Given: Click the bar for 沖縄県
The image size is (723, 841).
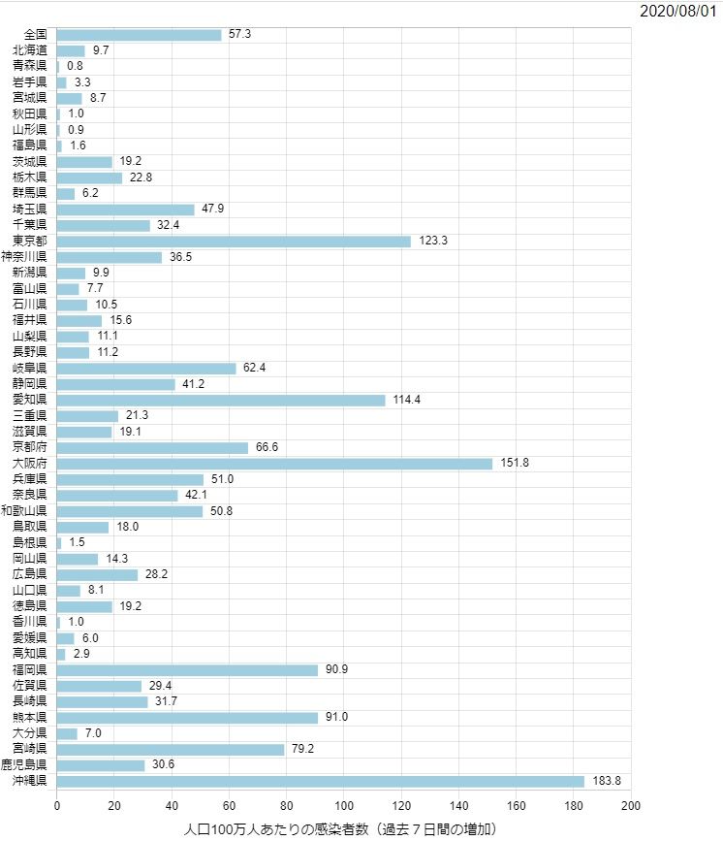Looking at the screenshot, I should (x=320, y=781).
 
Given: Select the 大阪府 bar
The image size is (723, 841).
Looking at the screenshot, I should (x=274, y=464).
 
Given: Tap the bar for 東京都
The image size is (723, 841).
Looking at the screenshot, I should (x=234, y=241).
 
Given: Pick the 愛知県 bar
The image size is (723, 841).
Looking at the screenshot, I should (x=221, y=400).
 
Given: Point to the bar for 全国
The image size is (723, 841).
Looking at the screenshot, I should (x=139, y=34).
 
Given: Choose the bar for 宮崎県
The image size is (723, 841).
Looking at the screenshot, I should (x=171, y=750).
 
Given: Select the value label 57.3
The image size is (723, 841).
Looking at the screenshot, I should (x=240, y=34).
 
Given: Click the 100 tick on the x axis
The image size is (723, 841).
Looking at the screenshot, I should (x=344, y=806).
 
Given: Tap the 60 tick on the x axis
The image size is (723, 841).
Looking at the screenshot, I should (x=230, y=806).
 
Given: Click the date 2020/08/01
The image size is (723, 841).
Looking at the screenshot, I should (x=678, y=12).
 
